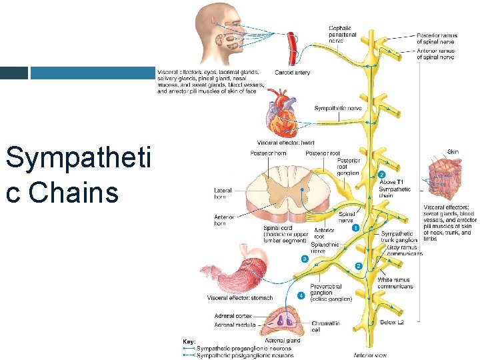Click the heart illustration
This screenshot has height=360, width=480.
coord(282,115)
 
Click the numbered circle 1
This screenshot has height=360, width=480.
coord(355,228)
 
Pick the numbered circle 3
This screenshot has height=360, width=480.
coord(305,259)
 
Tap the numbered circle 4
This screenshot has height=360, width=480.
coord(301,294)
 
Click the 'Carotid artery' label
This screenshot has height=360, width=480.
coord(292,73)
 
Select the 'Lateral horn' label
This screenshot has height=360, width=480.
coord(223,193)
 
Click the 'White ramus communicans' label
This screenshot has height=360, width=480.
coord(395,283)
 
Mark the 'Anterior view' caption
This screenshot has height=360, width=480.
coord(370,355)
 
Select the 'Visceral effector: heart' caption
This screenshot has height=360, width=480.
coord(285,143)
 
